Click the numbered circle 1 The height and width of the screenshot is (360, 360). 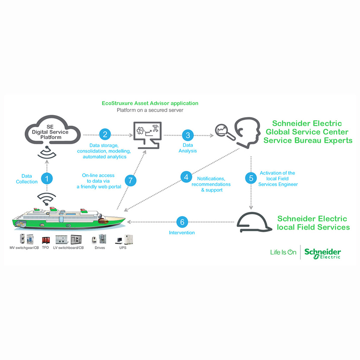coord(46,178)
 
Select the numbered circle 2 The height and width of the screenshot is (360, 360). coord(105,134)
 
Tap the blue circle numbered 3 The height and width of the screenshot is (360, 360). coord(188,135)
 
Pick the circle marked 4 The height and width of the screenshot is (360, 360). coord(186,177)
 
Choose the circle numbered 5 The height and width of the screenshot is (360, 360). coord(251,178)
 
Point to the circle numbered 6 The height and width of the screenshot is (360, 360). coord(182,222)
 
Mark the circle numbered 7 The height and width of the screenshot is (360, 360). coord(130,181)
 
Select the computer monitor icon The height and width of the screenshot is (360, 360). coord(147,134)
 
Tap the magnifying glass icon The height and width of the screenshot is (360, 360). coord(222,131)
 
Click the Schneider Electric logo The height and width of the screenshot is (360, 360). coord(322,253)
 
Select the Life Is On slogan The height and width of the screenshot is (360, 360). coord(283,252)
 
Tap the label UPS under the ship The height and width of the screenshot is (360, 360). coord(122,248)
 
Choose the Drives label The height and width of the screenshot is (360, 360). coord(100,248)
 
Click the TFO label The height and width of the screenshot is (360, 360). coord(45,248)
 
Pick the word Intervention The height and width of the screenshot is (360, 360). coord(182,233)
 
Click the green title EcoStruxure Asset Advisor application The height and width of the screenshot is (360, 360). coord(150,103)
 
